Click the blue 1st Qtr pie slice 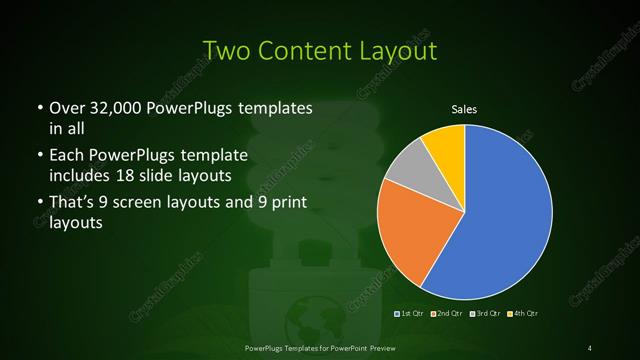click(500, 215)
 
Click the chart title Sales click(464, 110)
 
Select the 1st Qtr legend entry click(413, 315)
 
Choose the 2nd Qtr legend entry click(449, 315)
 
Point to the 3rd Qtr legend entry click(486, 315)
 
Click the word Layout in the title click(399, 50)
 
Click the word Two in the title click(224, 50)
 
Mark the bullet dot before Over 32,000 click(37, 108)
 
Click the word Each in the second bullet click(66, 157)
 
